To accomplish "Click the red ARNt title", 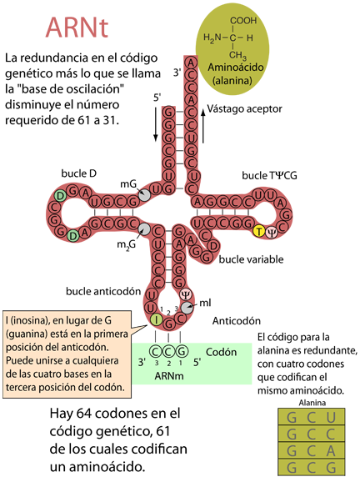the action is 77,28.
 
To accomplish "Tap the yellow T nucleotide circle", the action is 259,231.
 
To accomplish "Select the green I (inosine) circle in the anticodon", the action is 157,319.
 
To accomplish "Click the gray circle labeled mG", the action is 144,195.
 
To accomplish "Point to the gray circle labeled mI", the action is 187,308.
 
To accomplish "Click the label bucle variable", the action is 251,259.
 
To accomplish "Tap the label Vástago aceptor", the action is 244,109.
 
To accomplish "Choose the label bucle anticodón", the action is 103,291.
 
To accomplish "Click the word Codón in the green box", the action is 222,352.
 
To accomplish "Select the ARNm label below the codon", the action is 169,376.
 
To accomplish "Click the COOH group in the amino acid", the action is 243,21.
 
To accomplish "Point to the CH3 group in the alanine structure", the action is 237,56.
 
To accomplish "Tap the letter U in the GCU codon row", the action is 331,418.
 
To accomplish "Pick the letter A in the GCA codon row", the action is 331,451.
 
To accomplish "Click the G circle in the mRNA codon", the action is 182,352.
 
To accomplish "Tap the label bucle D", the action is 79,173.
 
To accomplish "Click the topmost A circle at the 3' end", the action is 191,63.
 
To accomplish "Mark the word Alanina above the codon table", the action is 312,403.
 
